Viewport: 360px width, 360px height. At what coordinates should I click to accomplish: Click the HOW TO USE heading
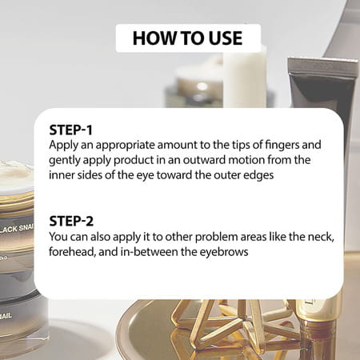coord(187,38)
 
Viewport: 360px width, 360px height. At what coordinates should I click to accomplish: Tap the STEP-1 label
coord(70,130)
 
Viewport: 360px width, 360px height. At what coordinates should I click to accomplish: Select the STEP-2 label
coord(71,222)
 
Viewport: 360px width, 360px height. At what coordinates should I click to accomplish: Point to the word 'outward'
coord(204,160)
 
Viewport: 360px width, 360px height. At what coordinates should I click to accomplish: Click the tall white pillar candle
coord(245,78)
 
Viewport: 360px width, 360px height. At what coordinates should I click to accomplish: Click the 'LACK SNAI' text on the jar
coord(17,229)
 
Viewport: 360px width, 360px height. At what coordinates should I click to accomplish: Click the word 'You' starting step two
coord(58,237)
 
